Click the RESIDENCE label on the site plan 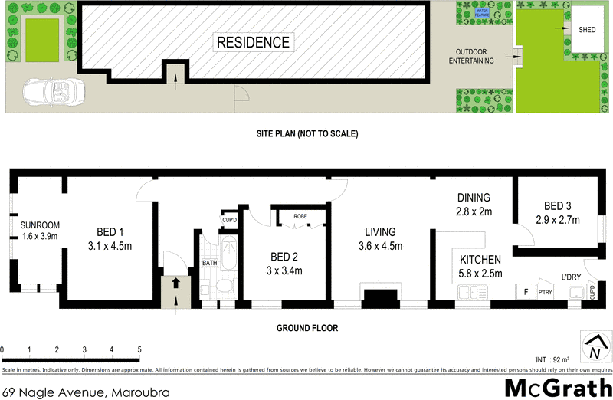click(x=253, y=42)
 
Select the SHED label click(x=588, y=30)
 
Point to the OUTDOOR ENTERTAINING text click(x=472, y=57)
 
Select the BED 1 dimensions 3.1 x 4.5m click(x=111, y=246)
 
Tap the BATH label click(x=210, y=263)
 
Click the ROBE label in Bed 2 click(x=300, y=217)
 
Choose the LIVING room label click(x=380, y=232)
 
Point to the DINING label click(x=473, y=198)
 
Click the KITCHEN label click(x=480, y=259)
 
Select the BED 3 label click(x=557, y=205)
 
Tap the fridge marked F click(x=526, y=291)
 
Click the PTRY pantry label click(x=545, y=291)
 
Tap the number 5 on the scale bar click(x=139, y=350)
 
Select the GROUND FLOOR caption click(x=307, y=328)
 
